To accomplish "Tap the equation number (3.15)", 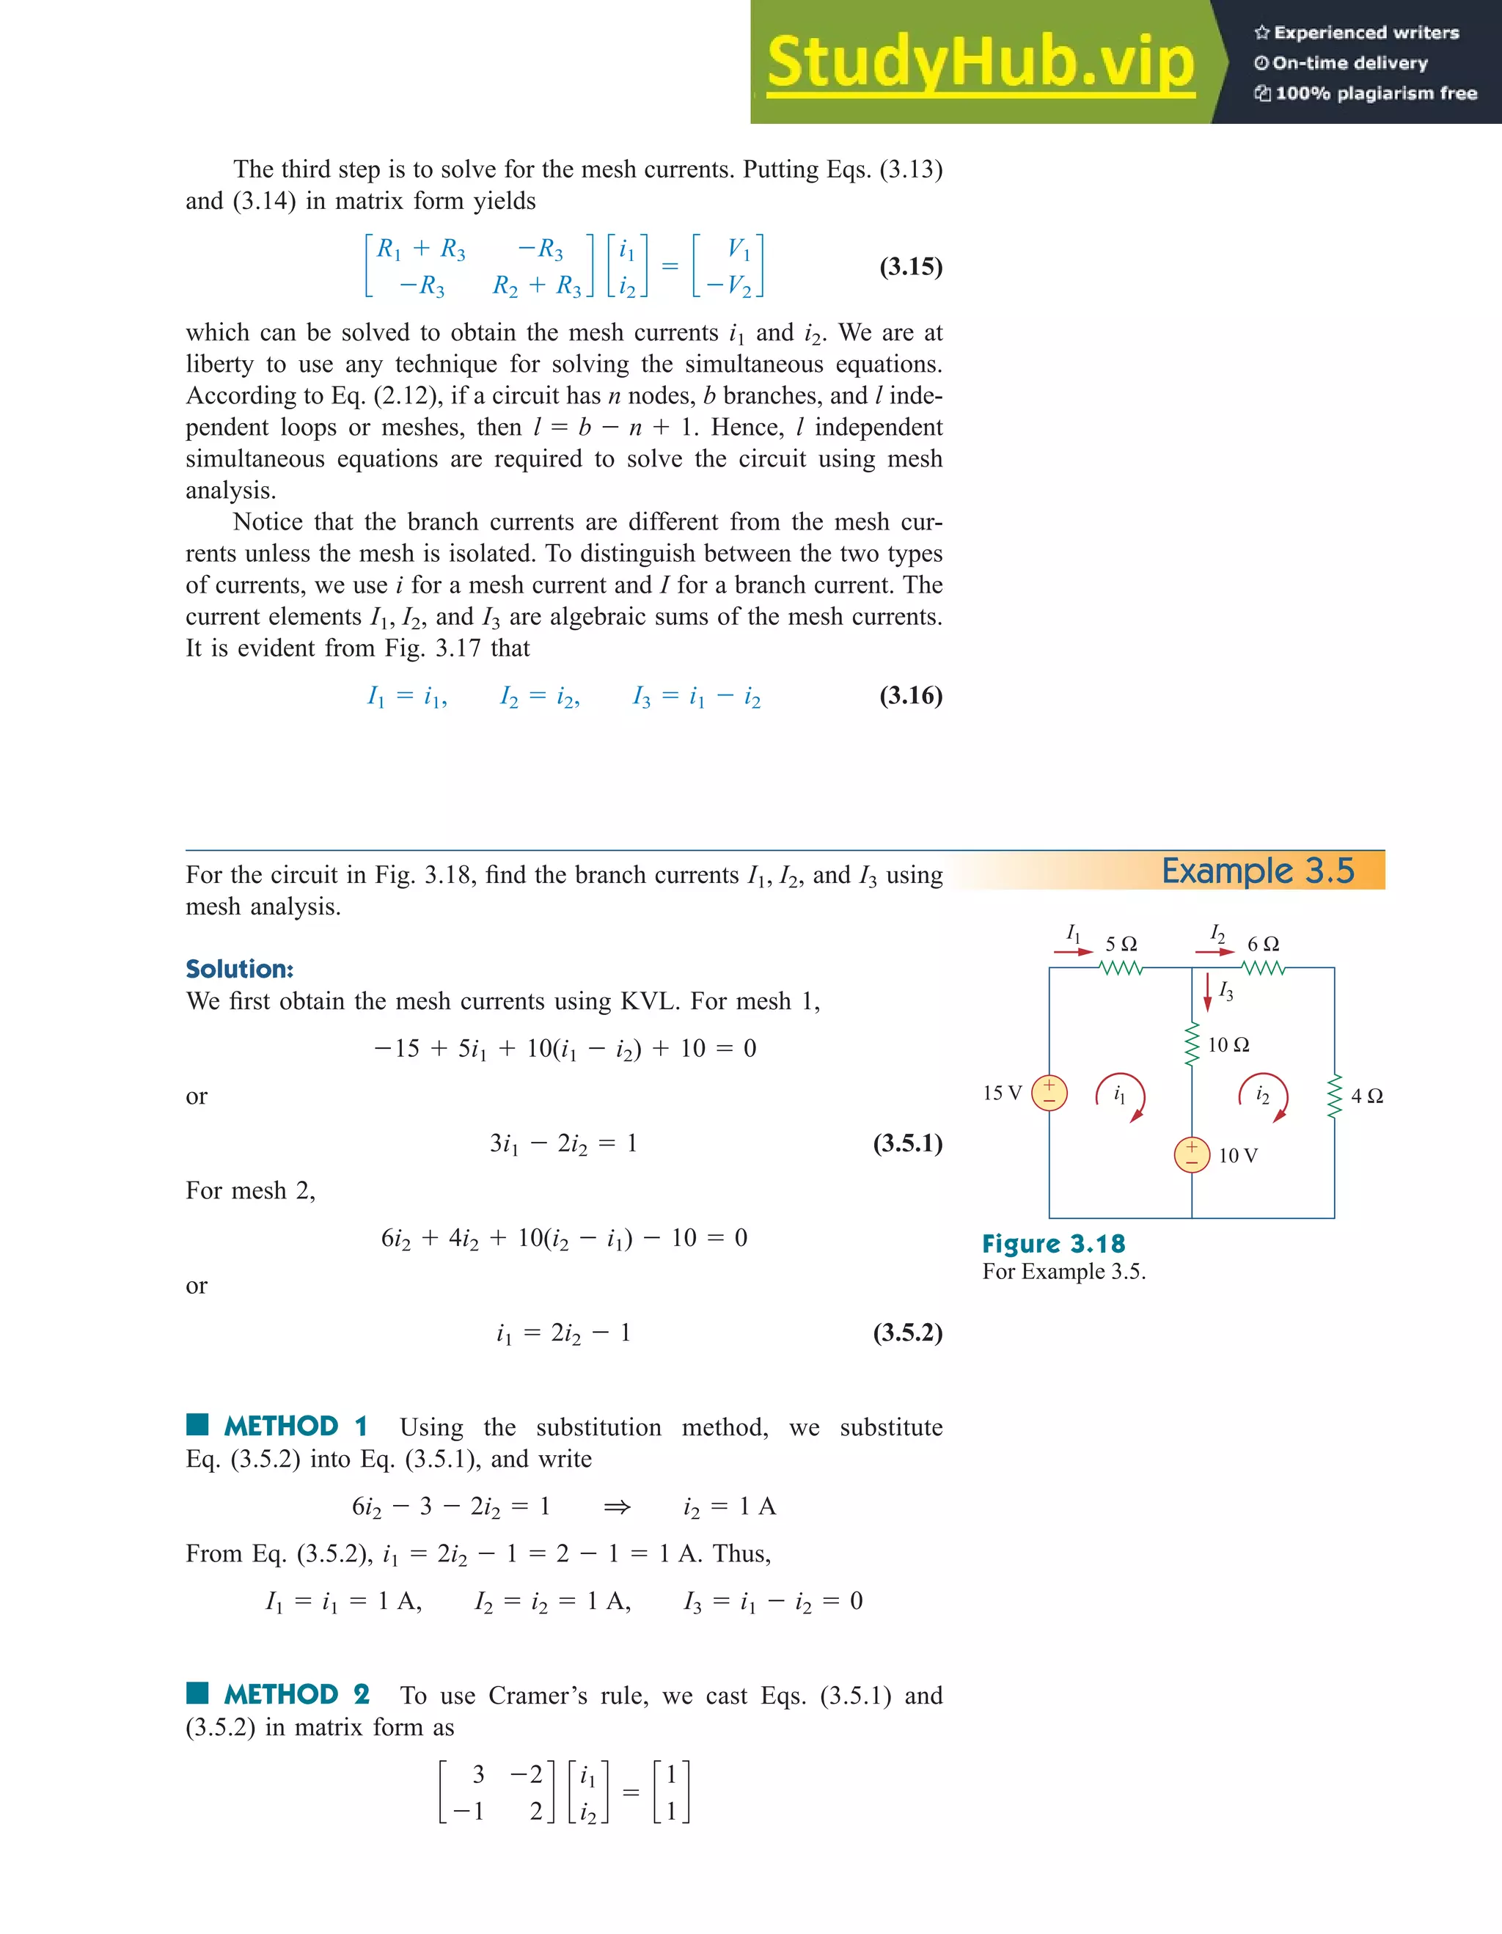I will pyautogui.click(x=910, y=266).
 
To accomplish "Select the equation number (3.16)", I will pyautogui.click(x=910, y=695).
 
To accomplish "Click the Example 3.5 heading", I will pyautogui.click(x=1258, y=871).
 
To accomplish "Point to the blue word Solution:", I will pyautogui.click(x=239, y=969).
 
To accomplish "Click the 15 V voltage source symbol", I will pyautogui.click(x=1049, y=1093).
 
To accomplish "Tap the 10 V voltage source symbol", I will pyautogui.click(x=1192, y=1154).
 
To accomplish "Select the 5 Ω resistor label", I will pyautogui.click(x=1121, y=944).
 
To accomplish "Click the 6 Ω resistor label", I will pyautogui.click(x=1263, y=944).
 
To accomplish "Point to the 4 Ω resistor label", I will pyautogui.click(x=1366, y=1096).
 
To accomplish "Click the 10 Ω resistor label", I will pyautogui.click(x=1228, y=1045).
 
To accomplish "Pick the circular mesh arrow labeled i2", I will pyautogui.click(x=1264, y=1097).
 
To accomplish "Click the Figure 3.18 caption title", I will pyautogui.click(x=1053, y=1244).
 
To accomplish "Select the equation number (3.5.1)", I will pyautogui.click(x=908, y=1143).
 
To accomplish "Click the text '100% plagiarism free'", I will pyautogui.click(x=1375, y=93).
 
